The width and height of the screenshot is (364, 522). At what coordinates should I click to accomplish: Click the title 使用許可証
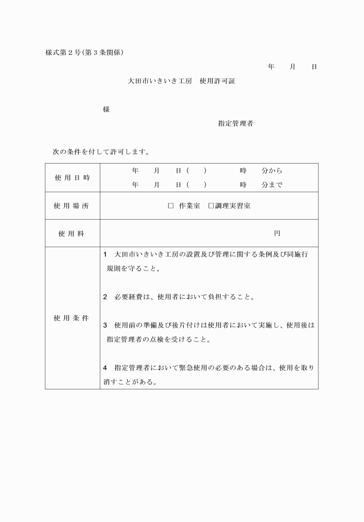[217, 82]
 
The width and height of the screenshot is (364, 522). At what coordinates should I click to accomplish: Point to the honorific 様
[106, 109]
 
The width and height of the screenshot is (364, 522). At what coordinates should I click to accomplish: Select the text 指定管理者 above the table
[235, 123]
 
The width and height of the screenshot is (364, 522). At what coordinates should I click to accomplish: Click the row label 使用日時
[73, 177]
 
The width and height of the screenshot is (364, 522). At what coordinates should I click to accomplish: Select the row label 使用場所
[73, 206]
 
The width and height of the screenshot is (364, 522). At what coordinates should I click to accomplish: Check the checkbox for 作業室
[171, 206]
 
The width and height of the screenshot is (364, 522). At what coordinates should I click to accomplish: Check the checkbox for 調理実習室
[211, 206]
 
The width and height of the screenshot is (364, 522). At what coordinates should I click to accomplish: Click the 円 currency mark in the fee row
[277, 234]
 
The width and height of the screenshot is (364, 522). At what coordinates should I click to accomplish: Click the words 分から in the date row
[272, 171]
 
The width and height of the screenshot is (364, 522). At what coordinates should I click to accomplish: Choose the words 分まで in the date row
[272, 185]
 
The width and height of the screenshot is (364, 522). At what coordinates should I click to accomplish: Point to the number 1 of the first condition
[105, 254]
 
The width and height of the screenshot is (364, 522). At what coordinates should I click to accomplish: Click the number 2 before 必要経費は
[105, 297]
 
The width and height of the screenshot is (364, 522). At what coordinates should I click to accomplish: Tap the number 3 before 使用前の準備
[105, 325]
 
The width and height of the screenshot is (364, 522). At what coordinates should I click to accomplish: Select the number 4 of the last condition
[105, 368]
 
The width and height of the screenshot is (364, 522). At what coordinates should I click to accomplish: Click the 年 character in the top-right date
[271, 67]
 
